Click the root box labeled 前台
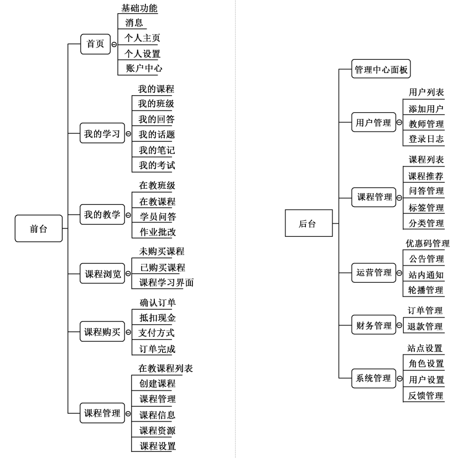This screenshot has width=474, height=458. pos(39,228)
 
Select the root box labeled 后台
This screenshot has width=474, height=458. pos(309,223)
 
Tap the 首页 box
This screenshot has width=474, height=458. pos(96,44)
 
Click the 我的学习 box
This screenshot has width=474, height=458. pos(102,133)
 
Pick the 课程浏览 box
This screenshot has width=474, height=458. pos(102,273)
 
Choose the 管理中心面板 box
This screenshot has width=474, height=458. pos(381,69)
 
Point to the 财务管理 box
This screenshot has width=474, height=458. pos(374,325)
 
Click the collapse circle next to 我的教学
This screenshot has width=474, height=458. pos(128,215)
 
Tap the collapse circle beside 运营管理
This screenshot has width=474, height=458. pos(399,273)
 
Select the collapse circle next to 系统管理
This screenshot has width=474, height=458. pos(399,378)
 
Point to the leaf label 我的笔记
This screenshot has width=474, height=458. pos(157,150)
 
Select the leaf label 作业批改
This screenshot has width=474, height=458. pos(158,232)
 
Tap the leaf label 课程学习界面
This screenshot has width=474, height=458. pos(166,282)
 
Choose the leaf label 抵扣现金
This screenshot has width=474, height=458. pos(158,318)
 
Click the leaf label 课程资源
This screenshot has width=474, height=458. pos(157,430)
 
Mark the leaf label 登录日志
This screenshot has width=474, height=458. pos(426,139)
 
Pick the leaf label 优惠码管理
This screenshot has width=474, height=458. pos(428,243)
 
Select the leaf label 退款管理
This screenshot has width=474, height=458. pos(425,326)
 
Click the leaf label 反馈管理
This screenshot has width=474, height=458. pos(426,395)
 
